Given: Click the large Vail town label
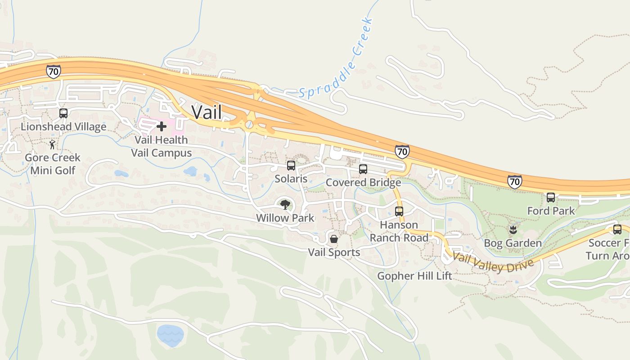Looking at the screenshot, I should point(207,112).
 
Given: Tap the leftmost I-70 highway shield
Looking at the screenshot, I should point(53,71).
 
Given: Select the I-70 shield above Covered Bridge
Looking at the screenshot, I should point(402,152).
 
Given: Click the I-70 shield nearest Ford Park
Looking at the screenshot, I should point(514,181).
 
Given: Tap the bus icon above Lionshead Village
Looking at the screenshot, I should point(63,113).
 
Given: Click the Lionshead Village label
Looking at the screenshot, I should point(63,127).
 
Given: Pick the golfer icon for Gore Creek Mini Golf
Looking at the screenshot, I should point(53,144).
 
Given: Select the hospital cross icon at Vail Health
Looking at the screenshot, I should point(161,126).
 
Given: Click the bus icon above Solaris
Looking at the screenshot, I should point(291,166).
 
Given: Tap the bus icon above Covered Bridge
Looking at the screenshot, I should point(363,169).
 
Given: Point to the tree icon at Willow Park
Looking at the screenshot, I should point(285,205).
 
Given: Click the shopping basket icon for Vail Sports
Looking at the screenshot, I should point(334,238).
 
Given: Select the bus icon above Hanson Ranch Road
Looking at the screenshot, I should point(399,211).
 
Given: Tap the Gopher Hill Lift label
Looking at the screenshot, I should point(414,276).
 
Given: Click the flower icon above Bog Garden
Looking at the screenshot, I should point(513,230).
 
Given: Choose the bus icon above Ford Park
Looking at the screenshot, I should point(551,197).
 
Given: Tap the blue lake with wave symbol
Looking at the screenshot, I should point(171,335).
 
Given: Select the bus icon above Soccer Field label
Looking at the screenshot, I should point(617,229).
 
